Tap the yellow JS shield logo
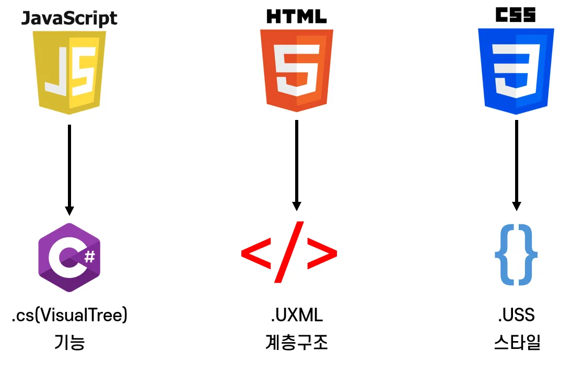coord(69,72)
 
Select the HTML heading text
coord(296,16)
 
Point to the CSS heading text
coord(516,15)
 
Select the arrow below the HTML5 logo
coord(296,164)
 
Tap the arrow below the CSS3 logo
coord(516,164)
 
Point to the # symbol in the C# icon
coord(89,256)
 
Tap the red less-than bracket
coord(256,254)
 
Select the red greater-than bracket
coord(322,254)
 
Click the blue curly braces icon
coord(516,255)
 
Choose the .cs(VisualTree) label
coord(69,316)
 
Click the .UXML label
coord(296,316)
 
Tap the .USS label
coord(516,316)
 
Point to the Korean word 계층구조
coord(296,343)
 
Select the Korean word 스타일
coord(516,343)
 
